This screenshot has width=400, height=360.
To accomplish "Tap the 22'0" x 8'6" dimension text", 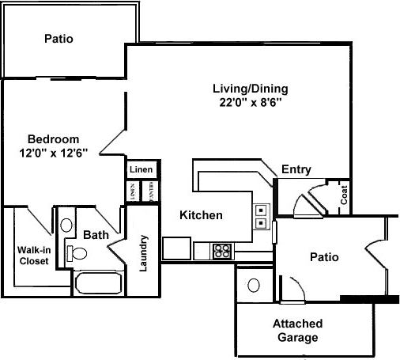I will point(251,102).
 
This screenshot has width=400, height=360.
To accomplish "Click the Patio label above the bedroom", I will point(59,38).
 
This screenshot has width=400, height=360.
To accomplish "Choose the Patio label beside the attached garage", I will point(324,257).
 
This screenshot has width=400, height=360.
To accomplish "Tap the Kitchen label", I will point(201,214).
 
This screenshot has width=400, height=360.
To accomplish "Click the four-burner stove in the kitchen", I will point(223,252).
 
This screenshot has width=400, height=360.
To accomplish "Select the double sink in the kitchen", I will point(261,216).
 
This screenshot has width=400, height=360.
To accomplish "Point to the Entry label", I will point(296,169).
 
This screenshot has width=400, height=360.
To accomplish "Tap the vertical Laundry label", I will point(144,252).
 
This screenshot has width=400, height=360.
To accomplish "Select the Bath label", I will point(96,234).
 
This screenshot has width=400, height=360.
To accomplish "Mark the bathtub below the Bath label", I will point(98,282).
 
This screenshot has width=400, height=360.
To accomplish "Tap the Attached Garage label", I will point(296,330).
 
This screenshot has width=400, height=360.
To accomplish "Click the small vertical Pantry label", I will point(151,192).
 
